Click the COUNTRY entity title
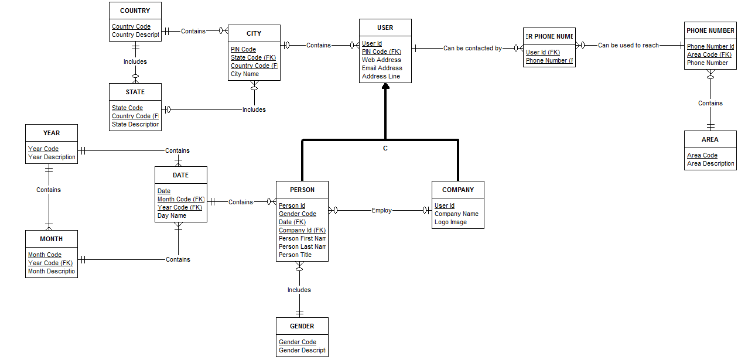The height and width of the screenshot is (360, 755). tap(135, 11)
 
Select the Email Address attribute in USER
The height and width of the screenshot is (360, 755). tap(381, 68)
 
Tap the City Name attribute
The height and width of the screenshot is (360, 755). tap(244, 74)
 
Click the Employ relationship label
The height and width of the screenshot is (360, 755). tap(381, 210)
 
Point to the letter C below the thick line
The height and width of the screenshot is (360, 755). tap(385, 148)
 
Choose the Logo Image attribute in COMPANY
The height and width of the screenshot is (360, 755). tap(450, 222)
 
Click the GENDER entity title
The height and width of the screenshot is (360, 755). tap(302, 326)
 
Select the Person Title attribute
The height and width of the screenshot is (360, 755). tap(295, 255)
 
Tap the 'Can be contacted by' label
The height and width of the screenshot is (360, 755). tap(472, 48)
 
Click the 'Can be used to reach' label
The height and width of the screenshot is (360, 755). tap(628, 45)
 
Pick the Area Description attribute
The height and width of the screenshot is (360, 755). tap(710, 163)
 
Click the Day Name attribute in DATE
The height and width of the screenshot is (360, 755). tap(172, 215)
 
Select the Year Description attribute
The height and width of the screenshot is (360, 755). tap(52, 157)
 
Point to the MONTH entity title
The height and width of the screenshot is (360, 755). tap(51, 239)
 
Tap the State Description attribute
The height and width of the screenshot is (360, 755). tap(135, 124)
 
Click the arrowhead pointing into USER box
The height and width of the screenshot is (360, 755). tap(385, 87)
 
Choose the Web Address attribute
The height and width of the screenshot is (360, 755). tap(381, 60)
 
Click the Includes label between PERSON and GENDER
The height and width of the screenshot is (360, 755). tap(299, 290)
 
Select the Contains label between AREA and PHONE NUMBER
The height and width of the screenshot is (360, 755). tap(710, 103)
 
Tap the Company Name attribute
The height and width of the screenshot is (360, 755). tap(456, 214)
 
